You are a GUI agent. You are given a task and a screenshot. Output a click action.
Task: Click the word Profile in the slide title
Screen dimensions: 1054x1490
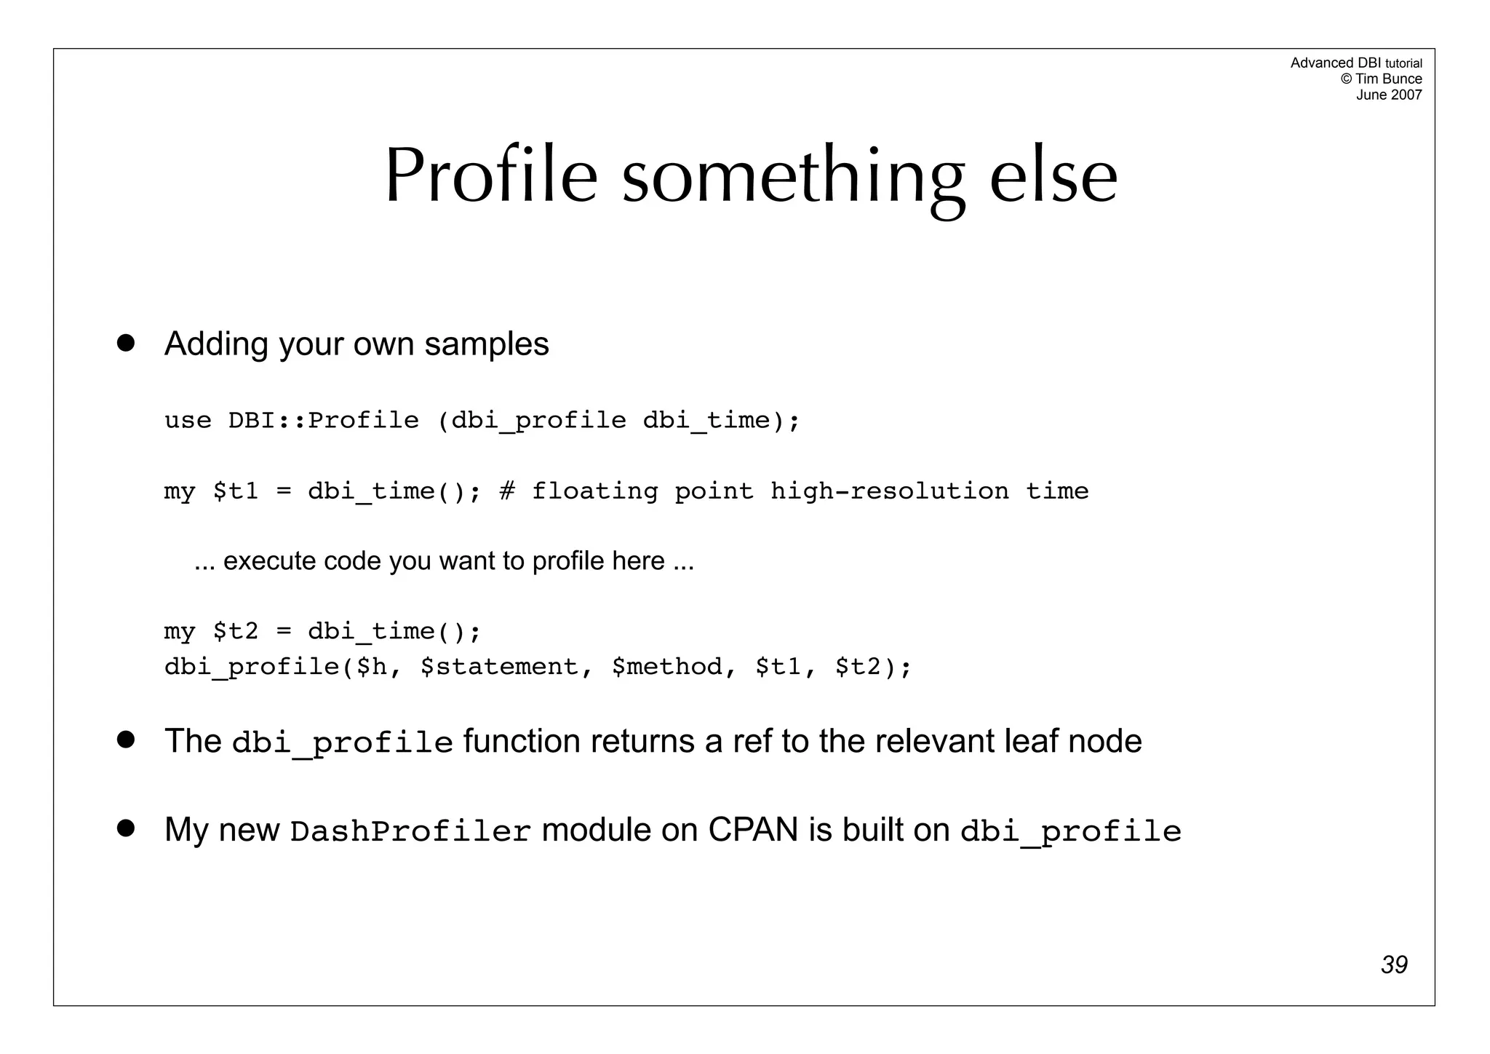point(491,176)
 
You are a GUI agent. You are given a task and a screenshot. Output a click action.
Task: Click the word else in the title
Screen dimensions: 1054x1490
point(1053,176)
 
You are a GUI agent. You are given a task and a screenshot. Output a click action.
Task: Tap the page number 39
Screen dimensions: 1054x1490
point(1394,965)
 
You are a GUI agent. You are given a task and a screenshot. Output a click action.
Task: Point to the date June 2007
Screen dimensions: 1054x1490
point(1388,95)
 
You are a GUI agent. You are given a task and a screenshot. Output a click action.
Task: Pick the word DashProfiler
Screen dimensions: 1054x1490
point(410,831)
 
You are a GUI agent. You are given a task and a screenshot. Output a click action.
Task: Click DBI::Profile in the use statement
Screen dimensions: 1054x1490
point(324,421)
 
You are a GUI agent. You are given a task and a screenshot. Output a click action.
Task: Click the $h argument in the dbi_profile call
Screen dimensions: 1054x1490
point(372,667)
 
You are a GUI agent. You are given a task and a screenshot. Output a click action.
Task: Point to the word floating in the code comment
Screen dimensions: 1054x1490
point(594,491)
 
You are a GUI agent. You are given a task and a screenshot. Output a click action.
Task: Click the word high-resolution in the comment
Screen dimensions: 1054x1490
point(890,491)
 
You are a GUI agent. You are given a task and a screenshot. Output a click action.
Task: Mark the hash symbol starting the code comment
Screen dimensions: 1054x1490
point(507,491)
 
